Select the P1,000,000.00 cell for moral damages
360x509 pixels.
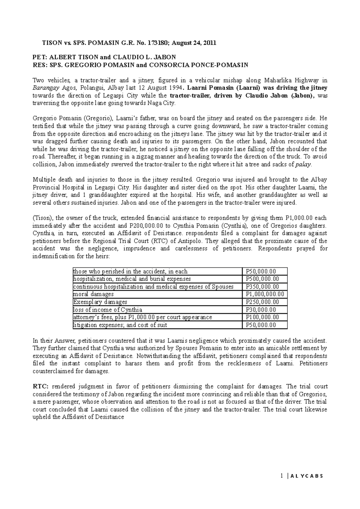(265, 294)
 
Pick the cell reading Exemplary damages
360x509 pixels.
(100, 302)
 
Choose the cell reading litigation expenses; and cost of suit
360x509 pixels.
(120, 325)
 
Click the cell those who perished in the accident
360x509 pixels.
(130, 271)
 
